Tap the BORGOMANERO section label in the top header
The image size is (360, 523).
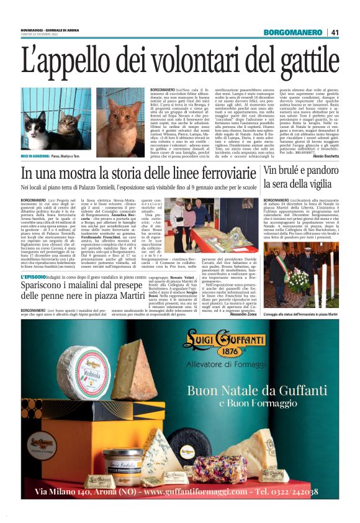[295, 32]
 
